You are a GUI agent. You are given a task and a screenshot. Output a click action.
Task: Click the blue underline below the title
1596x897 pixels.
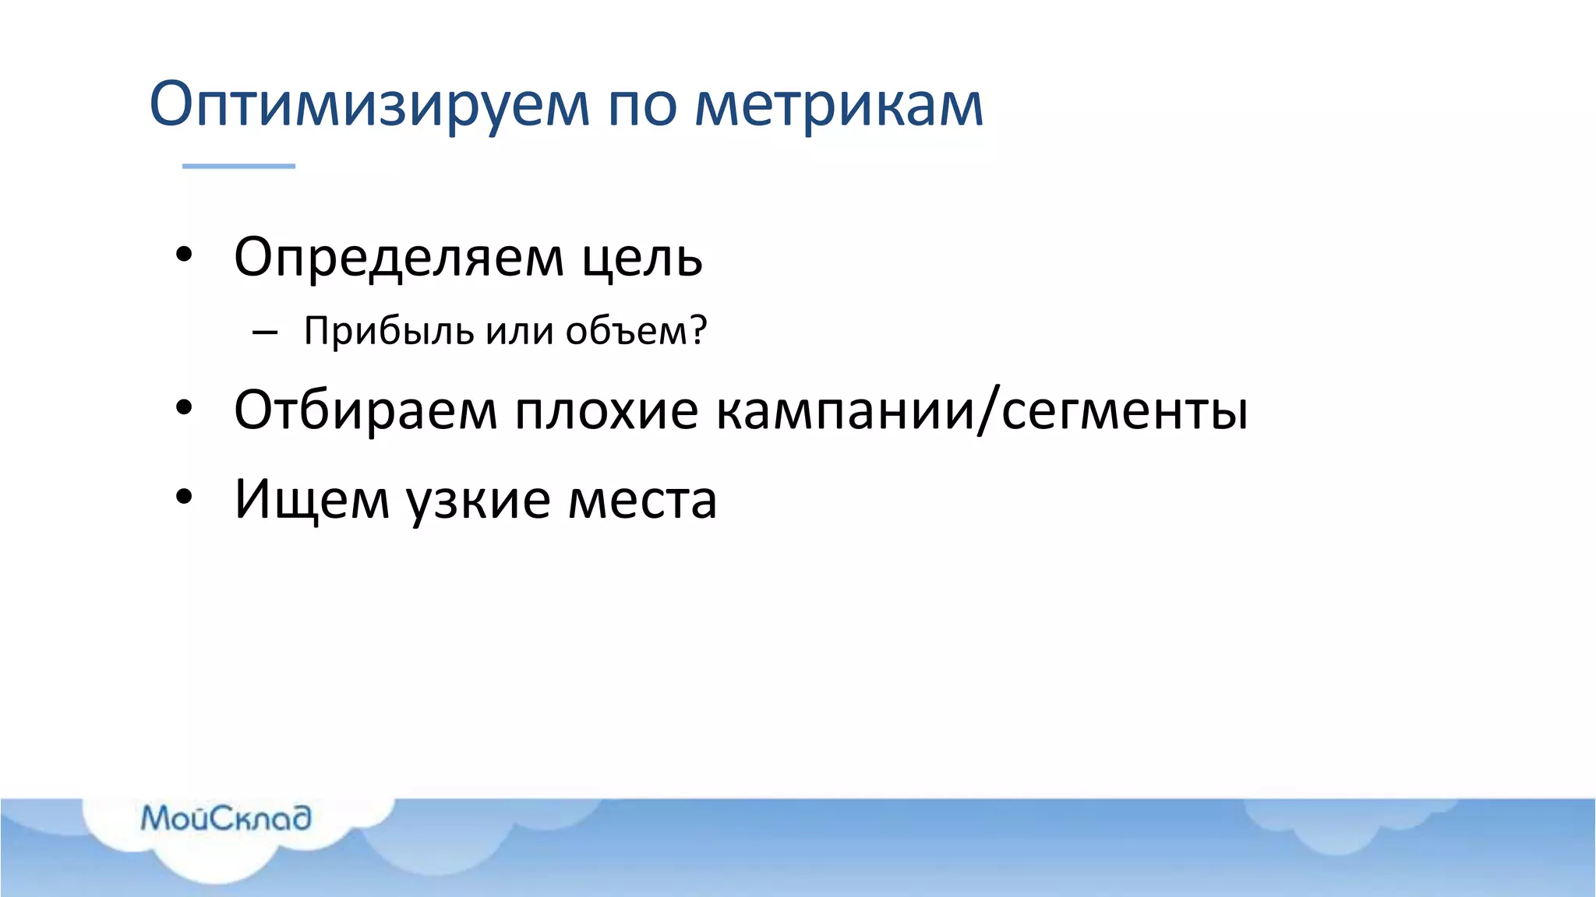pos(238,166)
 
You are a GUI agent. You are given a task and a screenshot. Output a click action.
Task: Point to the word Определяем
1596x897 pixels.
pos(398,258)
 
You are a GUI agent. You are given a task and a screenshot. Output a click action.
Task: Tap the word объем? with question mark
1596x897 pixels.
pos(636,331)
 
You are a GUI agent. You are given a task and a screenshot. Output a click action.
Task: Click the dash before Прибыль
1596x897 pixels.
pos(265,332)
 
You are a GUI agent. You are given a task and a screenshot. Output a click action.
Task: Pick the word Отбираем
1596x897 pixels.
pos(365,410)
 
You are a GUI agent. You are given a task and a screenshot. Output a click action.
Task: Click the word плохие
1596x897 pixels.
pos(606,410)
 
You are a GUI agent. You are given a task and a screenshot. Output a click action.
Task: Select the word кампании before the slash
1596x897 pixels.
pos(845,410)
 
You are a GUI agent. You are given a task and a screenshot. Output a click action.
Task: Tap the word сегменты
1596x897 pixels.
pos(1125,410)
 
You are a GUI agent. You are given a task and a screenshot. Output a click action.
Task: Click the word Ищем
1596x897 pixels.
pos(312,499)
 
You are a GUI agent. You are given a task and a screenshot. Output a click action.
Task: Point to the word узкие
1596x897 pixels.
pos(478,499)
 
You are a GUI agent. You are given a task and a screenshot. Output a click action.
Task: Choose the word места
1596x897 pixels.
pos(642,499)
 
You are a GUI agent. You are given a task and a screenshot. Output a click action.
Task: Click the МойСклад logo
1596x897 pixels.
pos(226,818)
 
